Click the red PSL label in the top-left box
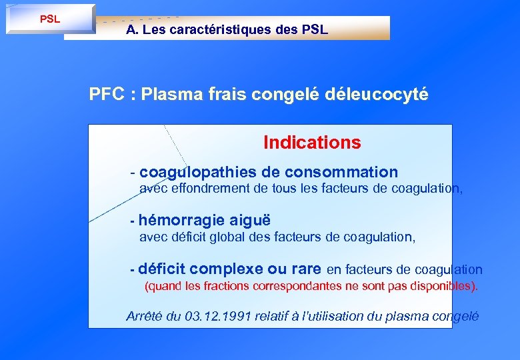[50, 19]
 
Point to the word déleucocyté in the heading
[377, 94]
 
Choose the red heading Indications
[312, 142]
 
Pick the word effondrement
[211, 189]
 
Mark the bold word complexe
[227, 269]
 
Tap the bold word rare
[306, 269]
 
